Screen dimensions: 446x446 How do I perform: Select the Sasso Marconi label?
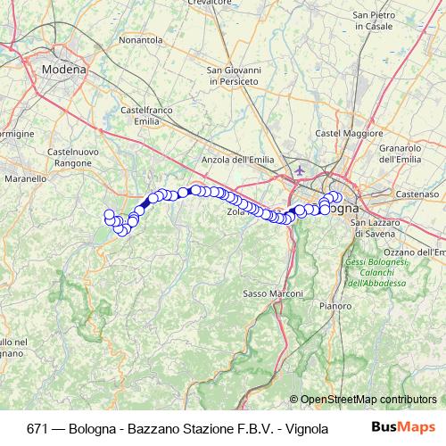[268, 293]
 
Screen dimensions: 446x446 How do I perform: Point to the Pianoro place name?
[335, 305]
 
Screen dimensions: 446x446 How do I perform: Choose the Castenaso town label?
[419, 193]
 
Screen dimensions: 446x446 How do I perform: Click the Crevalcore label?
[210, 3]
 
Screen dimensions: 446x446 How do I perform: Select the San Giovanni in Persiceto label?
[233, 76]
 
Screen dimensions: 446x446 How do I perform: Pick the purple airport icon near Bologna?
[298, 169]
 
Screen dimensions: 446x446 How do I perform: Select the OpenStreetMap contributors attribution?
[368, 400]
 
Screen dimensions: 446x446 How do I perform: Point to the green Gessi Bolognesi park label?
[376, 272]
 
